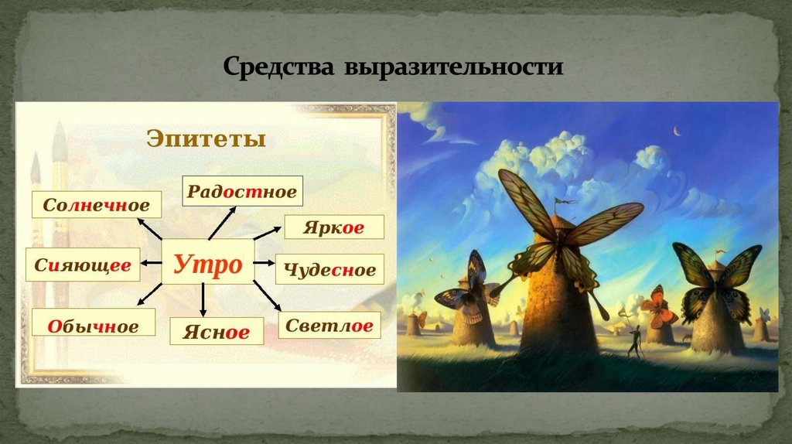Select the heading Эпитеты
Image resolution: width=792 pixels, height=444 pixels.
(206, 139)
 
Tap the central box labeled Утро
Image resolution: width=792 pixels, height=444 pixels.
(207, 264)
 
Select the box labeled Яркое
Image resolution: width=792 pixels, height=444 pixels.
(334, 227)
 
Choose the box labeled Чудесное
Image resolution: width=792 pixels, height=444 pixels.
(329, 270)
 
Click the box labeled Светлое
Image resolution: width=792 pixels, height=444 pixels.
(329, 326)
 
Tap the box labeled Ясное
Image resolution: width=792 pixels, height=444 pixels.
(217, 332)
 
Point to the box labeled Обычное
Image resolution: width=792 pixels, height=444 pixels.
(93, 326)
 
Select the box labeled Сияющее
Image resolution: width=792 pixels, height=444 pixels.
(83, 265)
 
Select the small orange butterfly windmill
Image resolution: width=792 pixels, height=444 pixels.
(657, 308)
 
